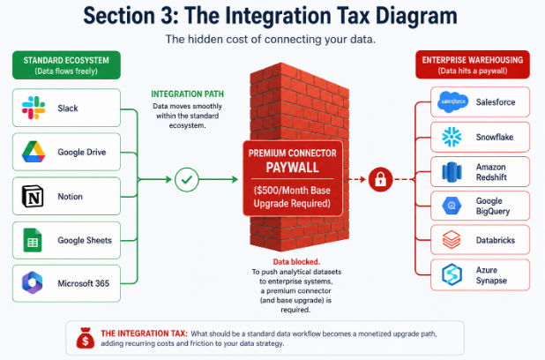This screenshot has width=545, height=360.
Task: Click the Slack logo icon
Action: pyautogui.click(x=34, y=108)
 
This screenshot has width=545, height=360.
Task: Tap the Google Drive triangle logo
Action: pyautogui.click(x=34, y=152)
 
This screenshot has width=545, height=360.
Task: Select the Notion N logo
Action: pyautogui.click(x=33, y=196)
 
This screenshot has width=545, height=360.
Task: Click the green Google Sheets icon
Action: pyautogui.click(x=33, y=240)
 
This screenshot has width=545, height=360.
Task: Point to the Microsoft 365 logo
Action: pyautogui.click(x=33, y=282)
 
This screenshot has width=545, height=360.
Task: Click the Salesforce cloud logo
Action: pyautogui.click(x=453, y=102)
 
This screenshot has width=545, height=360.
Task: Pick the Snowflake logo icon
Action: pyautogui.click(x=452, y=137)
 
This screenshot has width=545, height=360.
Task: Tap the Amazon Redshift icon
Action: pyautogui.click(x=452, y=172)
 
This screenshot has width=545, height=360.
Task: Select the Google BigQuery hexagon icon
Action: pyautogui.click(x=452, y=206)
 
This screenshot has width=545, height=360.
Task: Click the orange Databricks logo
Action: pyautogui.click(x=452, y=240)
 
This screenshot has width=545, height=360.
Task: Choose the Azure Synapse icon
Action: pyautogui.click(x=452, y=274)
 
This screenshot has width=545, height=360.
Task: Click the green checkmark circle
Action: pyautogui.click(x=187, y=179)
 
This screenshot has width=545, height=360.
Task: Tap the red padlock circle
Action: pyautogui.click(x=380, y=179)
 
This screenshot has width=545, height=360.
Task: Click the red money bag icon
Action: pyautogui.click(x=86, y=338)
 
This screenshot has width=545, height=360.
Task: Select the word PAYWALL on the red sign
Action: pyautogui.click(x=292, y=168)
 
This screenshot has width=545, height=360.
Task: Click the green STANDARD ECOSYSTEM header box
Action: pyautogui.click(x=66, y=65)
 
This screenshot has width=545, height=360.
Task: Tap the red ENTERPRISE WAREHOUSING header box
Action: pyautogui.click(x=473, y=64)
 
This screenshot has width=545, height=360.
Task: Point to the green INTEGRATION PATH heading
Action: pyautogui.click(x=187, y=94)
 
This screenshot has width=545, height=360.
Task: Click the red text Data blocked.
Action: pyautogui.click(x=296, y=262)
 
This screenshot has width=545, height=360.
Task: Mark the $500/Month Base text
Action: pyautogui.click(x=292, y=191)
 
